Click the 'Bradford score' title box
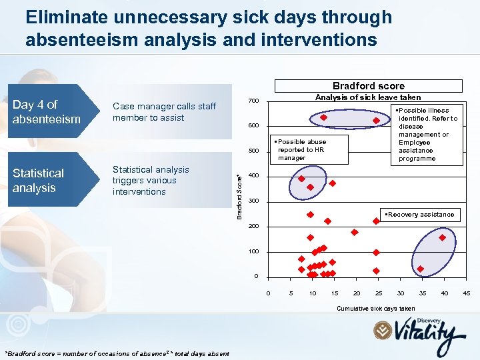(x=368, y=85)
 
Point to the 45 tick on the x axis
(x=467, y=293)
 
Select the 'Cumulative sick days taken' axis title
(x=375, y=309)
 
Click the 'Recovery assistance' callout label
(x=419, y=215)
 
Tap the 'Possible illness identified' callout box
(x=426, y=135)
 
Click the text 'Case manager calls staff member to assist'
(x=164, y=112)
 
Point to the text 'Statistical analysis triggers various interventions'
(x=151, y=181)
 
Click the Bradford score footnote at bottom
(x=117, y=353)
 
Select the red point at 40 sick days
(x=443, y=237)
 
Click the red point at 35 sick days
(x=421, y=269)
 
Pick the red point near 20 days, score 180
(x=354, y=232)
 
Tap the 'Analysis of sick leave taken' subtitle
(x=367, y=97)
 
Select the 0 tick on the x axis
(x=268, y=293)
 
